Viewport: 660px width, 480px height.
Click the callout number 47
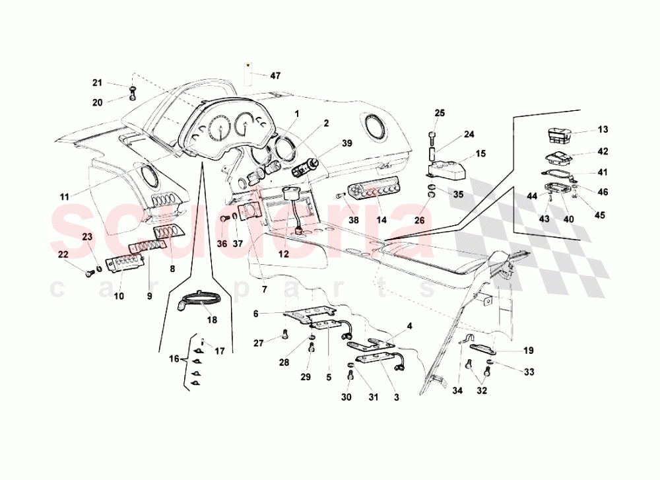click(x=275, y=76)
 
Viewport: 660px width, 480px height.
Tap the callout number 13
click(x=603, y=129)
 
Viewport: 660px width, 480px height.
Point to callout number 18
click(x=212, y=319)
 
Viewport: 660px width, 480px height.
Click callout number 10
click(x=119, y=296)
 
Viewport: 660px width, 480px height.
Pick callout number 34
click(x=458, y=390)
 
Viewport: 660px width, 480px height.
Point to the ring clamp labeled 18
click(x=199, y=300)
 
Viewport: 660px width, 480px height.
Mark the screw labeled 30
click(x=350, y=377)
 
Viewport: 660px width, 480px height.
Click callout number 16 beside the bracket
click(x=174, y=359)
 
